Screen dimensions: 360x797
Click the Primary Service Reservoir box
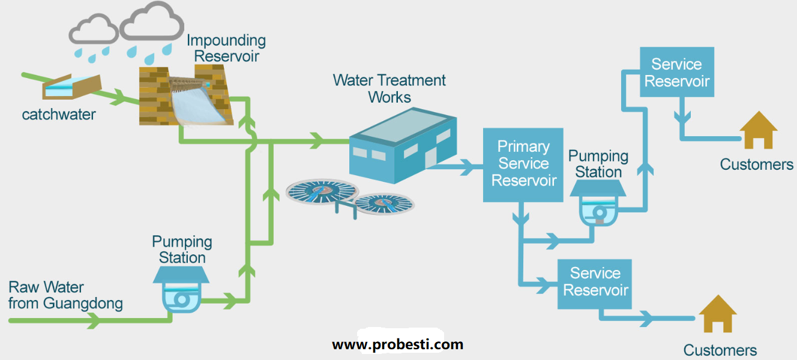click(x=523, y=164)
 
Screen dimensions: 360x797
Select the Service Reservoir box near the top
click(x=676, y=73)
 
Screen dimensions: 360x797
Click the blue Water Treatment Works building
click(x=400, y=148)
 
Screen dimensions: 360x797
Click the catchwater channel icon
click(x=71, y=88)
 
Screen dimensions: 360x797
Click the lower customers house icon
click(x=718, y=314)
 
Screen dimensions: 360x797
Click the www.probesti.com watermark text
click(x=397, y=344)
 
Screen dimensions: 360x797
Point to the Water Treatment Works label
click(x=389, y=88)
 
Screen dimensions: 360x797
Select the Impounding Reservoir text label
click(x=226, y=49)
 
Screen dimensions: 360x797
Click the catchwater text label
click(x=59, y=114)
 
